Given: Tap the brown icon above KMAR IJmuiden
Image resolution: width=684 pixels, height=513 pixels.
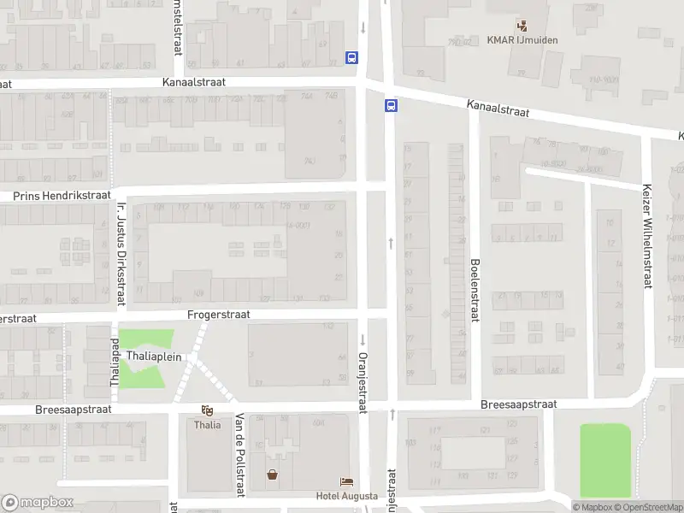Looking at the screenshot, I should (520, 26).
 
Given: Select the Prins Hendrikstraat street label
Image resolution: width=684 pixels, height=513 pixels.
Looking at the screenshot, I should (56, 196).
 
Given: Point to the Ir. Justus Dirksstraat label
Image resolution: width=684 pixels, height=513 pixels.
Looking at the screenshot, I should (121, 253).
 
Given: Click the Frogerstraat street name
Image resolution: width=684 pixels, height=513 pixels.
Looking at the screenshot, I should (219, 315).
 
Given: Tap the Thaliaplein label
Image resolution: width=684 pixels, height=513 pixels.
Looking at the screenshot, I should (154, 357).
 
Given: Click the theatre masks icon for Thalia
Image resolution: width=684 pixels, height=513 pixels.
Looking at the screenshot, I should (206, 410).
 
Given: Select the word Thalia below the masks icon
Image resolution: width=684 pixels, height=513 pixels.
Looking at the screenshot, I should (207, 425).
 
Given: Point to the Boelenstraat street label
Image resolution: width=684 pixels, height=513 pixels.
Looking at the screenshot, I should (475, 290).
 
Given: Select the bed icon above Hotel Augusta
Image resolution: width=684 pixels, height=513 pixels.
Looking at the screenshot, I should (346, 482).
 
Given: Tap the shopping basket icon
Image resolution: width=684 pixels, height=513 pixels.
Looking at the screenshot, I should (273, 475).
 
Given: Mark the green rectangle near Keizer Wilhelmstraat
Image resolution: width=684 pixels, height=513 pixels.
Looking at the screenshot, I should (605, 460).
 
